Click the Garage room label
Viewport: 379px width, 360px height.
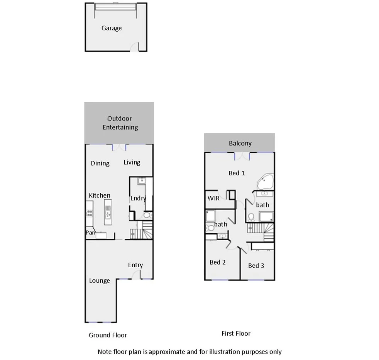click(x=112, y=28)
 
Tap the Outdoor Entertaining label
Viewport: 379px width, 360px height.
click(x=120, y=123)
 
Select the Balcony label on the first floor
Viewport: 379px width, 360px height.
click(x=240, y=143)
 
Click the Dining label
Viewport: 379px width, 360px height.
click(x=100, y=163)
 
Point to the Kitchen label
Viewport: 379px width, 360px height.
click(x=100, y=195)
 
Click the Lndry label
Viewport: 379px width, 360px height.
click(x=138, y=199)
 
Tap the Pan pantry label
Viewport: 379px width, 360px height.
click(x=90, y=233)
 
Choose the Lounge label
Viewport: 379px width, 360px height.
click(x=100, y=281)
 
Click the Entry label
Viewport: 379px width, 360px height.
click(x=135, y=265)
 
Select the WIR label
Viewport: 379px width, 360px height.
click(x=213, y=198)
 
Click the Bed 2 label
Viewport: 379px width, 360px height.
click(x=218, y=263)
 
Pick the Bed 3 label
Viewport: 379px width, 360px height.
click(x=256, y=266)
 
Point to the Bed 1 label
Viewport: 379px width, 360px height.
click(x=237, y=173)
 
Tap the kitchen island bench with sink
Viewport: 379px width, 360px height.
click(x=107, y=212)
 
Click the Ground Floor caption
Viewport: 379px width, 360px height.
click(x=108, y=335)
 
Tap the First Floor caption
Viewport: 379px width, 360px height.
click(x=236, y=334)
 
